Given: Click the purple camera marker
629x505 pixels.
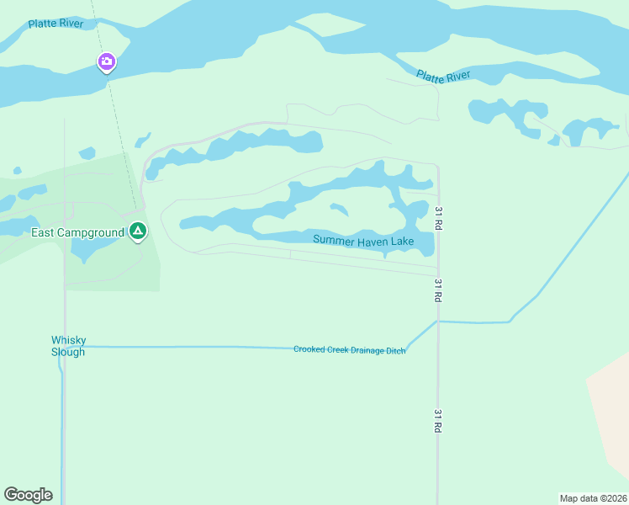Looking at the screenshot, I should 106,61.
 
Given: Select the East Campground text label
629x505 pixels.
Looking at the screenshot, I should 77,232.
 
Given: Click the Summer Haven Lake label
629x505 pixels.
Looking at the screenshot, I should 363,241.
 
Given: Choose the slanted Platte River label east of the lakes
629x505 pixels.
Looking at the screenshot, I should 443,77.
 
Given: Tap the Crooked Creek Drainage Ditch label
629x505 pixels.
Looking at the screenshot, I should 349,349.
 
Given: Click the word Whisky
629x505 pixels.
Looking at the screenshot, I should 69,341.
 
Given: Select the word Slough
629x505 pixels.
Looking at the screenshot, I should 68,352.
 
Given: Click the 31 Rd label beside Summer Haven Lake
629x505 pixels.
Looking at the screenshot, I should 438,218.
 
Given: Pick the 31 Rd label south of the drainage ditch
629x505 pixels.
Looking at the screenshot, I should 438,420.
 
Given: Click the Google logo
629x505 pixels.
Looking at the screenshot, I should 28,495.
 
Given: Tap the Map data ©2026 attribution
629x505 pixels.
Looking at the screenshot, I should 593,498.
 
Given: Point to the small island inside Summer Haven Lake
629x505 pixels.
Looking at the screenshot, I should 339,209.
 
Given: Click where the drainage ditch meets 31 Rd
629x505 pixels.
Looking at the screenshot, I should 437,321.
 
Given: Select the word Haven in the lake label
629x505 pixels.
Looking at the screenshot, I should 373,241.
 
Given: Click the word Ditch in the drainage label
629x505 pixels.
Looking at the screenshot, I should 395,350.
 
